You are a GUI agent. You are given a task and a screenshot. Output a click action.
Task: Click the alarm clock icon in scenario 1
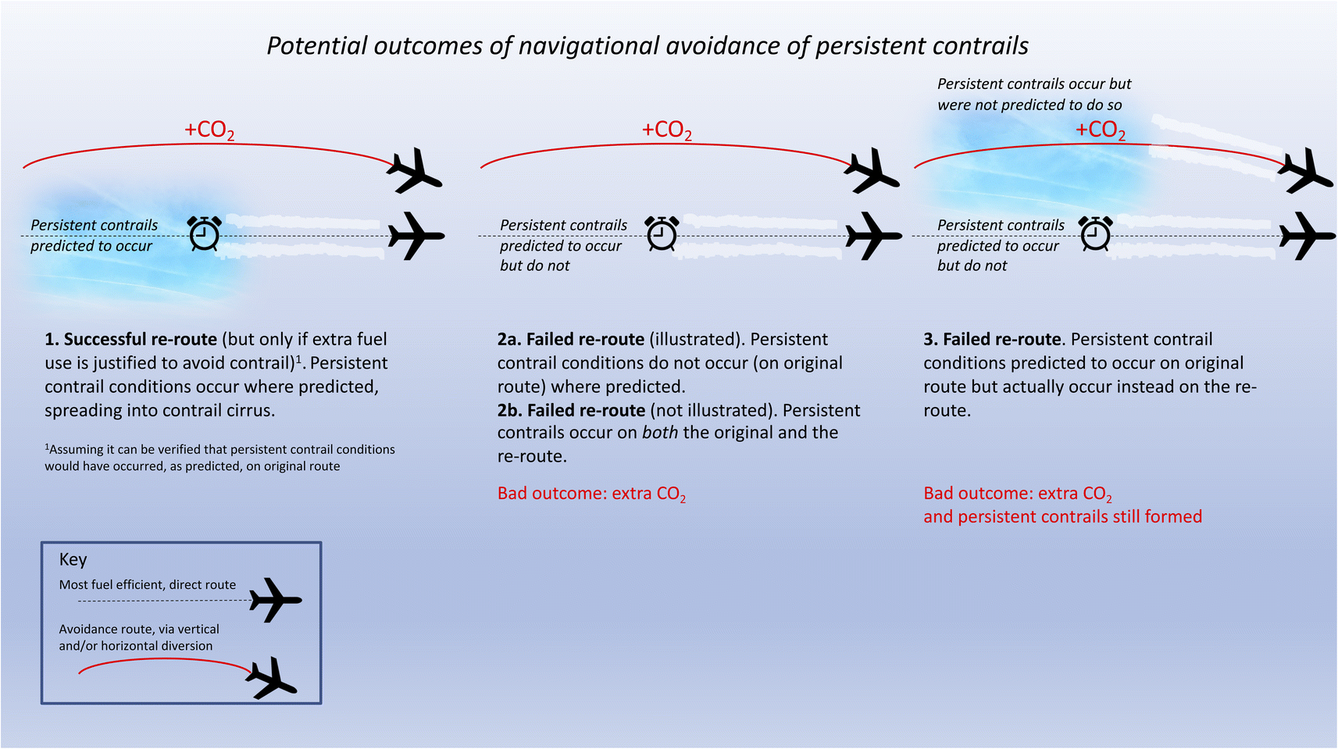[205, 234]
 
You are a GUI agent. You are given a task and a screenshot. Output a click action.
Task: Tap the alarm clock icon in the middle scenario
[662, 234]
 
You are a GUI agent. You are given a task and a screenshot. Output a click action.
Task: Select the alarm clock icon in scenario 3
[1095, 234]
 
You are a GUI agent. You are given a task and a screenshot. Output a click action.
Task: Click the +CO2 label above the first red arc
[209, 130]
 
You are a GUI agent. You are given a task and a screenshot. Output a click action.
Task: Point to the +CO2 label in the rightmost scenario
[1100, 130]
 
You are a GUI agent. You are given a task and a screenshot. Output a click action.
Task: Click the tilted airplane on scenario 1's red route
[415, 170]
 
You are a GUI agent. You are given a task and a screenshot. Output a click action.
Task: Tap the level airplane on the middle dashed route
[873, 235]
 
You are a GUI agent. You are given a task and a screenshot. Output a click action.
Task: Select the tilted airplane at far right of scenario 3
[1306, 170]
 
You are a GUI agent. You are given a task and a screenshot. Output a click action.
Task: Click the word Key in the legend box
[73, 559]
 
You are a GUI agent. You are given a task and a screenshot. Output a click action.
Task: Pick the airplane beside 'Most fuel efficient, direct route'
[275, 600]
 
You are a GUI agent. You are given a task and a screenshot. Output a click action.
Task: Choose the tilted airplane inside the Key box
[272, 678]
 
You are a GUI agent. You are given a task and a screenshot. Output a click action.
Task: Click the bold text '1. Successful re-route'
[130, 340]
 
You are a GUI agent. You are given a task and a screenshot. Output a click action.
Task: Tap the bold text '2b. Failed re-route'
[571, 411]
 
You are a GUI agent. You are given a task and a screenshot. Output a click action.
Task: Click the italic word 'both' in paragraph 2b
[660, 433]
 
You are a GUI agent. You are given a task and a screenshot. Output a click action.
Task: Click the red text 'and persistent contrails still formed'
[1062, 517]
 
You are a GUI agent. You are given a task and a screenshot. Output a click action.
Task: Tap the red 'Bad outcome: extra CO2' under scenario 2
[591, 494]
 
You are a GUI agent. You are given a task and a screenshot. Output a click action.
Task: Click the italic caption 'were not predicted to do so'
[1029, 105]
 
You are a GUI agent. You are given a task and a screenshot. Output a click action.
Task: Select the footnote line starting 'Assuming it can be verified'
[221, 450]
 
